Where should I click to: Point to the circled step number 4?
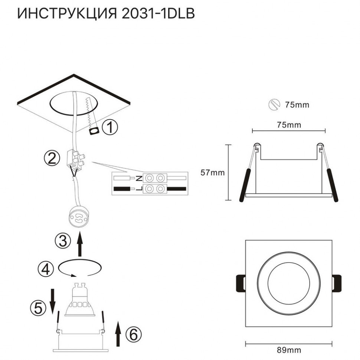(x=45, y=268)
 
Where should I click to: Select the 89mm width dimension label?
(x=289, y=350)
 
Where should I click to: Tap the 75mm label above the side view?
(x=289, y=125)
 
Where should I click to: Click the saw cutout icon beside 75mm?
(x=274, y=105)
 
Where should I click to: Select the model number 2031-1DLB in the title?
(x=158, y=14)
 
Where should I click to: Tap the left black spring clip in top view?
(x=240, y=284)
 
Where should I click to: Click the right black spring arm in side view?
(x=331, y=184)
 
